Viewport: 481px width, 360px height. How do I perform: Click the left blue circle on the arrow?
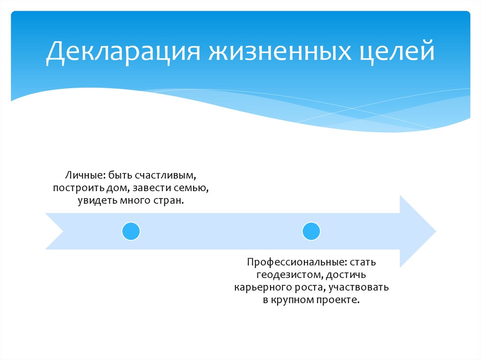[131, 231]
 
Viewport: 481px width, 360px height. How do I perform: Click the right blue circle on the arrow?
[311, 231]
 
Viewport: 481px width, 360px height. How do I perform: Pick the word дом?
[120, 189]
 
